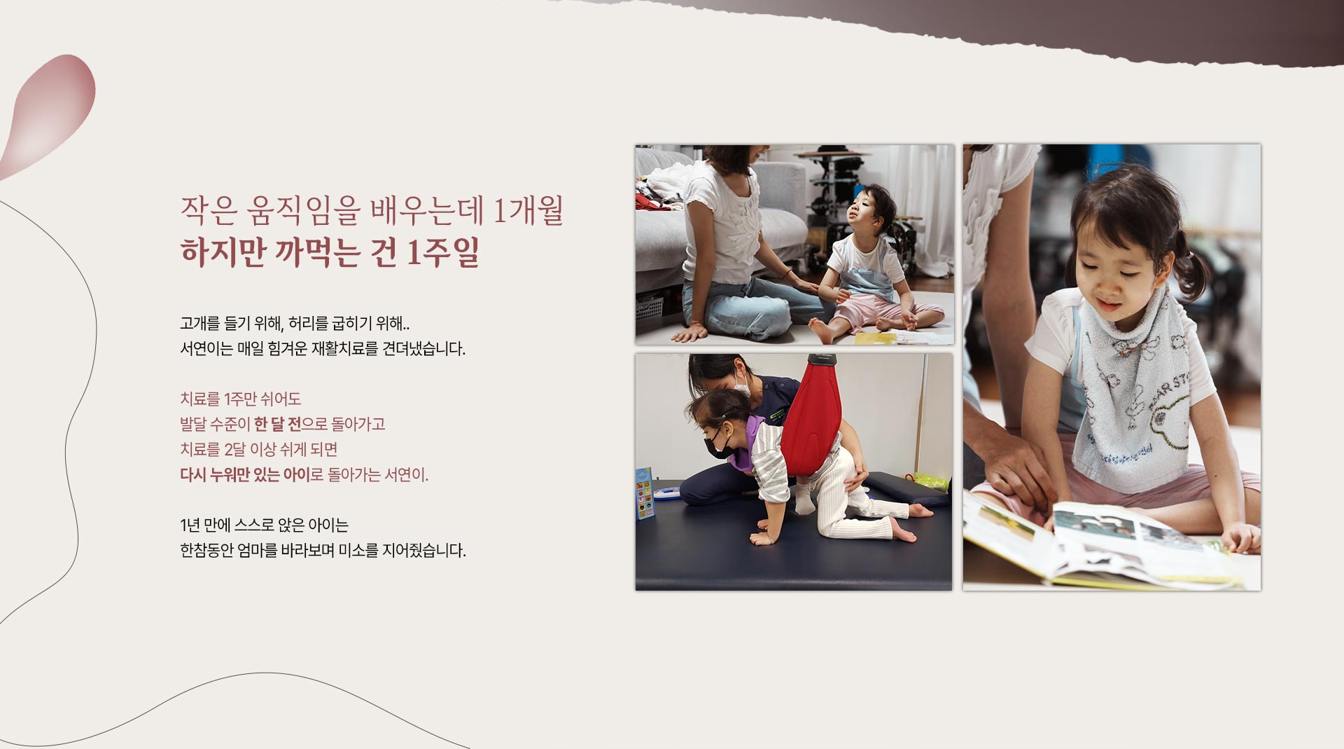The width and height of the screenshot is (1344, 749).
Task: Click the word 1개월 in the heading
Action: pos(528,211)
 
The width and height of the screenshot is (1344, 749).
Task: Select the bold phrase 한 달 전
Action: pos(277,425)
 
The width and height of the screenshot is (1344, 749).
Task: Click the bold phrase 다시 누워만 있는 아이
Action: pos(245,475)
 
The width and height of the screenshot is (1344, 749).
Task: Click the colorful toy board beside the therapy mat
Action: pos(645,493)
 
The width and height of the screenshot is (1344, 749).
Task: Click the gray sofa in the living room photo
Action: pos(728,210)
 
